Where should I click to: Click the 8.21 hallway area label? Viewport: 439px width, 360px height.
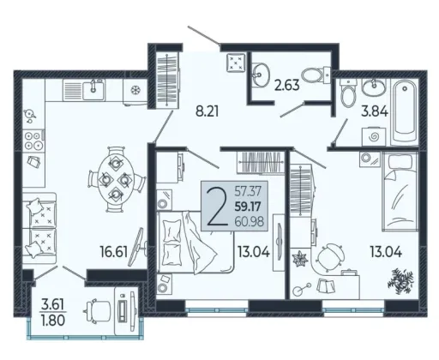207,111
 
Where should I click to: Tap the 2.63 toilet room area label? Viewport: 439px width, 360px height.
287,85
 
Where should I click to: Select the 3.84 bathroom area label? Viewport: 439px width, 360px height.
375,111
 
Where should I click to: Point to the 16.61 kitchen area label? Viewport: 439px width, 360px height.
113,252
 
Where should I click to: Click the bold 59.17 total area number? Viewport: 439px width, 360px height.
248,207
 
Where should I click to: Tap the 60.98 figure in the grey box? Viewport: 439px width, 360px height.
249,221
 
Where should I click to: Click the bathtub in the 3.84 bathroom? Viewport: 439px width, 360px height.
404,113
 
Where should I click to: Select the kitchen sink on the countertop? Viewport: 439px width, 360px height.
93,90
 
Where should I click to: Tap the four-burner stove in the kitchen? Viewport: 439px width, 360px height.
33,141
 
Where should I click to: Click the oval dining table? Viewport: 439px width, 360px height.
115,179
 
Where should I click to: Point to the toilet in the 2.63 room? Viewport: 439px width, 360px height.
316,75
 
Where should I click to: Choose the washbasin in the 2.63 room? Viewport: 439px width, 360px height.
261,75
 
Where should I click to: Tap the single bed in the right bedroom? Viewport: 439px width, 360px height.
400,191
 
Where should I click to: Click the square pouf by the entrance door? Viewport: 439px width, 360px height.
236,62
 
